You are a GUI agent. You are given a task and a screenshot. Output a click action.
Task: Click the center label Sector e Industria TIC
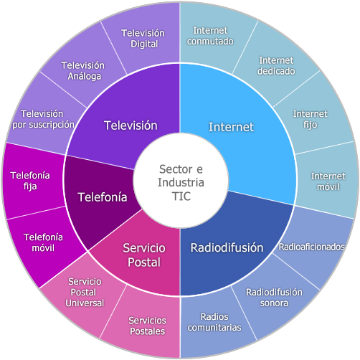pyautogui.click(x=181, y=183)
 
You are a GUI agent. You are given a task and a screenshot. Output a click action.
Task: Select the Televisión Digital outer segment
pyautogui.click(x=143, y=38)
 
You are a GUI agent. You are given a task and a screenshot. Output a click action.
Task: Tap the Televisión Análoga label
pyautogui.click(x=83, y=71)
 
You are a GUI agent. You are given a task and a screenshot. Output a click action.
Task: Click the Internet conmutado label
pyautogui.click(x=210, y=36)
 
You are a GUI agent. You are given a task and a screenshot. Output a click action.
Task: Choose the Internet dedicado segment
pyautogui.click(x=276, y=66)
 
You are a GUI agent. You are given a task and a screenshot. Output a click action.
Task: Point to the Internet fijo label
pyautogui.click(x=311, y=119)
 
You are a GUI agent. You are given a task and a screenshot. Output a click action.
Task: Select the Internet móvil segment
pyautogui.click(x=328, y=181)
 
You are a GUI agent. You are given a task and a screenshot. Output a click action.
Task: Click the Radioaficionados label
pyautogui.click(x=311, y=247)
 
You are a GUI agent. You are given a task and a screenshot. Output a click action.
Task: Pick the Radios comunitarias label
pyautogui.click(x=214, y=322)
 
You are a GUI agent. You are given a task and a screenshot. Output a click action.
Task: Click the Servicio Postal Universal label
pyautogui.click(x=85, y=293)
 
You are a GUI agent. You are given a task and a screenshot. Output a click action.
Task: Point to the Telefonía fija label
pyautogui.click(x=30, y=181)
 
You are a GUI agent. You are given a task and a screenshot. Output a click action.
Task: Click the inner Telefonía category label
pyautogui.click(x=103, y=197)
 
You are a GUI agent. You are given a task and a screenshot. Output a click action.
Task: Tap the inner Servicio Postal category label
pyautogui.click(x=144, y=255)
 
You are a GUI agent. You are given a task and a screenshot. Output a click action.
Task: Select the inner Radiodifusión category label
pyautogui.click(x=227, y=247)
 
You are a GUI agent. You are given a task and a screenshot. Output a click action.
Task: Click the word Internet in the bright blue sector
pyautogui.click(x=231, y=127)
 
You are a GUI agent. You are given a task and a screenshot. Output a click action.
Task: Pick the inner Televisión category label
pyautogui.click(x=131, y=125)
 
